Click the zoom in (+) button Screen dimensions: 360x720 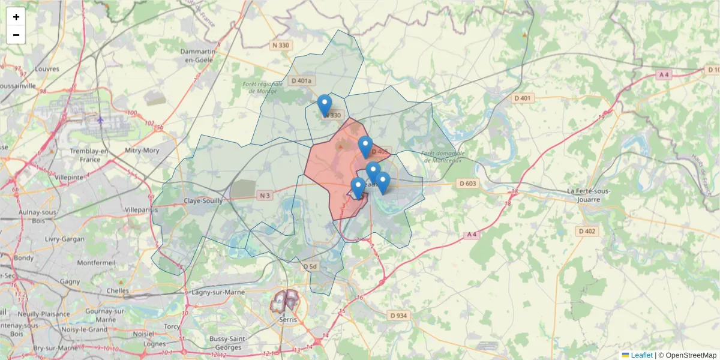point(16,17)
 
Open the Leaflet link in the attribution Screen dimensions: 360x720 point(641,355)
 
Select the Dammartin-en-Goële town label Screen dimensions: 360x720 point(201,56)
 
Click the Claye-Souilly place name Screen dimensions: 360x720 point(203,201)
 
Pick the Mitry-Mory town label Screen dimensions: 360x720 point(142,151)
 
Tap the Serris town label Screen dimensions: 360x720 point(288,319)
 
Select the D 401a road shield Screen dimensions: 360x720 point(301,80)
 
